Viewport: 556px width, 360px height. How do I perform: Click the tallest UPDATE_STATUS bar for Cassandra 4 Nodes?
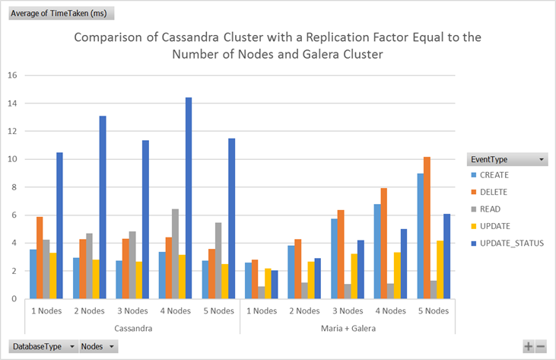[189, 198]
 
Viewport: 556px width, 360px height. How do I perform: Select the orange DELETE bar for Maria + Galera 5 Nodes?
[427, 228]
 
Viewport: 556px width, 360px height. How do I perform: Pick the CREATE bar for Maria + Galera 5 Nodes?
[420, 236]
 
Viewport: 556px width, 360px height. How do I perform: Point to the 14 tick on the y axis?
[11, 104]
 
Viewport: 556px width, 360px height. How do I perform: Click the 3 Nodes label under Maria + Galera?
[348, 311]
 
